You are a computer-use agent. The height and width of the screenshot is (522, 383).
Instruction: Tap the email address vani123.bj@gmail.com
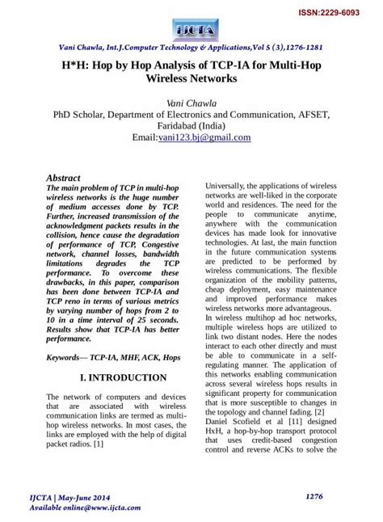coord(213,137)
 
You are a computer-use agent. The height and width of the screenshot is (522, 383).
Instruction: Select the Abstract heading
coord(63,177)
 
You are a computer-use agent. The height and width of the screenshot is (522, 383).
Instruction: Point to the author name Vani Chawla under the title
coord(191,103)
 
